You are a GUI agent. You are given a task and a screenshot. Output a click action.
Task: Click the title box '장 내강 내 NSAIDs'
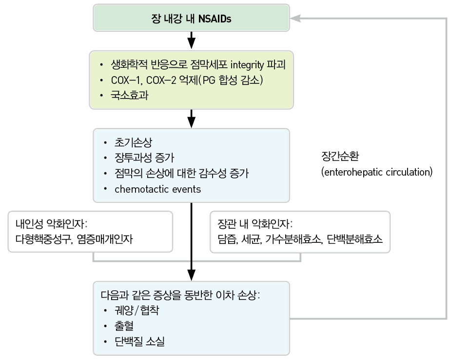(x=192, y=19)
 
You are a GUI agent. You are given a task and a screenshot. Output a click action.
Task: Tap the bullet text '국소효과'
(x=130, y=95)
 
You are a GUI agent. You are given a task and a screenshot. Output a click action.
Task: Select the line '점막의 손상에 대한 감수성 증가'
(x=181, y=174)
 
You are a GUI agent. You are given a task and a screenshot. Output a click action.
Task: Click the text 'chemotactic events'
(x=157, y=189)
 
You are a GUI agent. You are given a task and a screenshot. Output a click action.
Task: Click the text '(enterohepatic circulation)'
(x=376, y=172)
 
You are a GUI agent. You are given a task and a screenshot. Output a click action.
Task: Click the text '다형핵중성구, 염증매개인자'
(x=74, y=240)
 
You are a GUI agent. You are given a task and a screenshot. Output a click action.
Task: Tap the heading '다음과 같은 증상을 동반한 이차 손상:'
(x=179, y=296)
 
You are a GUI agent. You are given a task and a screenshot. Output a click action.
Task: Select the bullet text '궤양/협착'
(x=136, y=311)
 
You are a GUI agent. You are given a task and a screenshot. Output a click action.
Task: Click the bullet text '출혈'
(x=124, y=326)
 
